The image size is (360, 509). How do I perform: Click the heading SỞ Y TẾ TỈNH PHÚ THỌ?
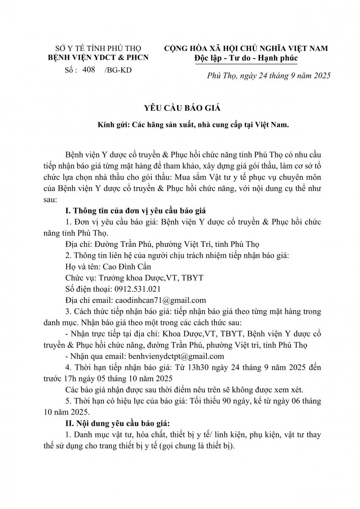coord(99,48)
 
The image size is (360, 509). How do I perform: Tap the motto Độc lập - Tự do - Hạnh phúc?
coord(246,58)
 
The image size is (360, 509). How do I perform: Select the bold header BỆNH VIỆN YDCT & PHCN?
coord(98,58)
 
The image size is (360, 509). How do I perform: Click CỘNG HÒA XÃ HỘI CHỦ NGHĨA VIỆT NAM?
coord(246,48)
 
